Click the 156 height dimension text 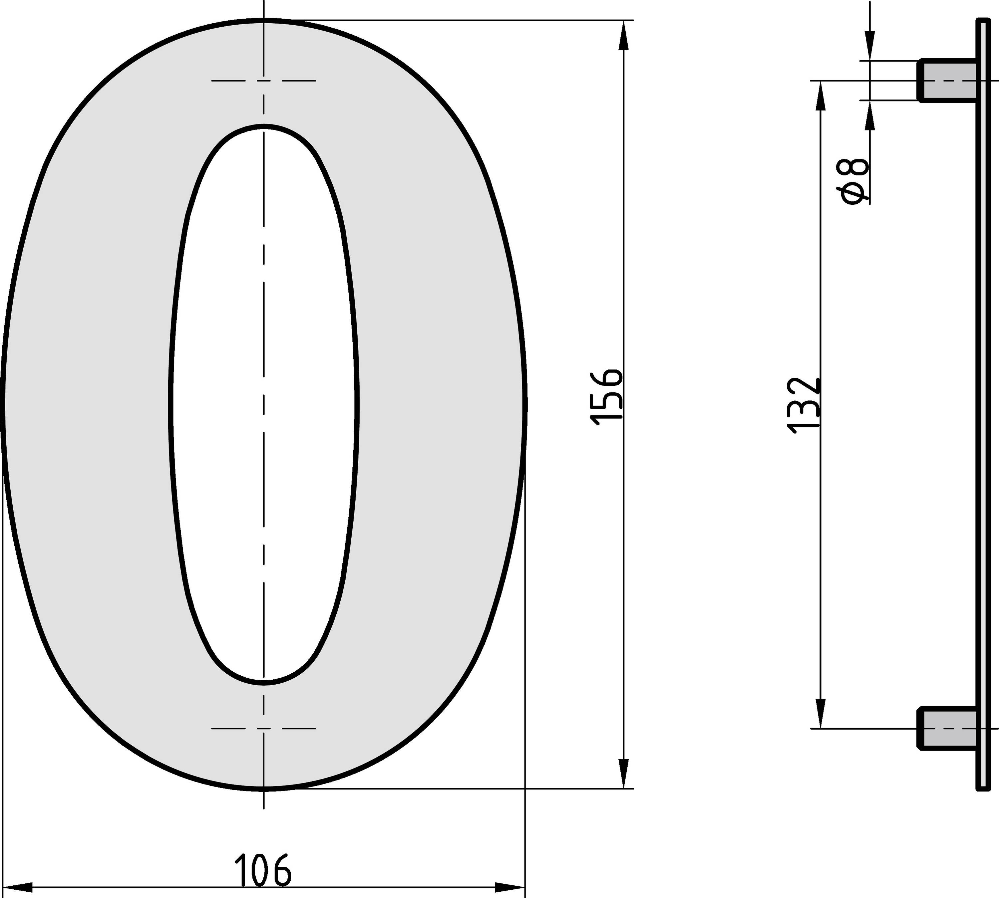[608, 396]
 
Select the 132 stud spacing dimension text [805, 406]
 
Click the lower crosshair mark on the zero [264, 728]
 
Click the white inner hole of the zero [264, 405]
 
